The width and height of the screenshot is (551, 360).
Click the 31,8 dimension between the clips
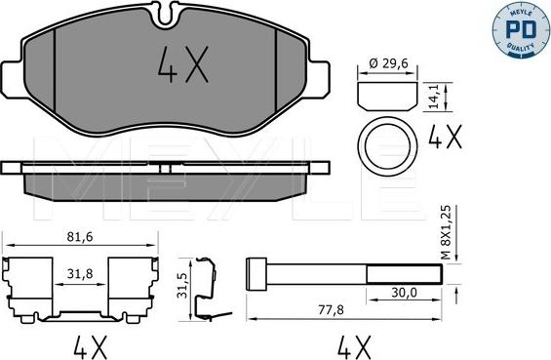pos(81,275)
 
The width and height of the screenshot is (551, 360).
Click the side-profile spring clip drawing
pos(202,289)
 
